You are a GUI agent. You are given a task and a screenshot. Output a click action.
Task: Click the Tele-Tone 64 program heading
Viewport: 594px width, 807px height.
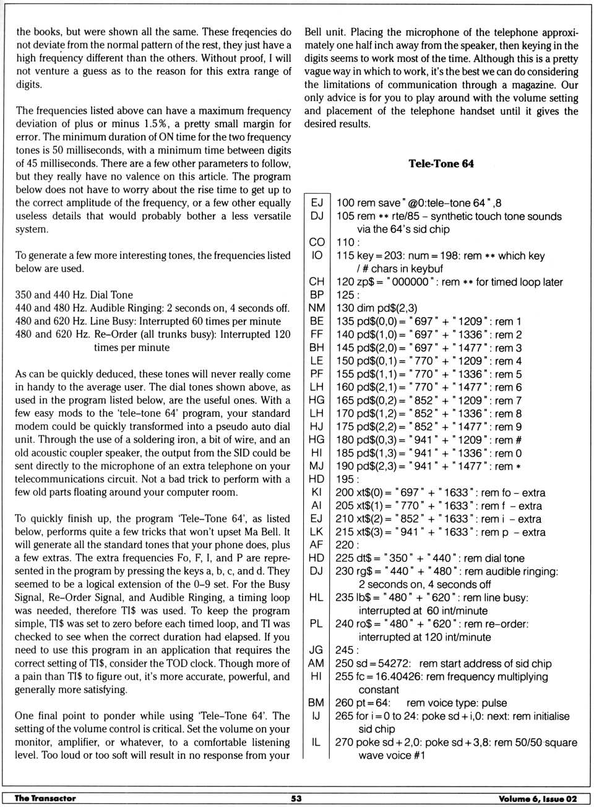pos(441,164)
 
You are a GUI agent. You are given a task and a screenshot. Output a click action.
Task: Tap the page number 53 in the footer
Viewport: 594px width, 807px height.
pos(296,798)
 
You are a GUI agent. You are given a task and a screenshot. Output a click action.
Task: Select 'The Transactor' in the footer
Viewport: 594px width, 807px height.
pos(45,798)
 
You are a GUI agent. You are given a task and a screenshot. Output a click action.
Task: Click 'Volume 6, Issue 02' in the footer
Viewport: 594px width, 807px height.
pos(537,799)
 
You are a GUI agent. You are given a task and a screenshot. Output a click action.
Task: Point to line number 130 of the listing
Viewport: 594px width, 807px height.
pos(345,308)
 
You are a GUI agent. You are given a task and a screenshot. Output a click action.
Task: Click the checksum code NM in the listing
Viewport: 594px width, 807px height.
pos(316,308)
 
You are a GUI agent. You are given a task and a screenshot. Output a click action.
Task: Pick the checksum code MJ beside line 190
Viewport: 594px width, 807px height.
pos(316,466)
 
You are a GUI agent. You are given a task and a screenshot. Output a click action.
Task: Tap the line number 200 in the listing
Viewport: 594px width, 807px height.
pos(345,492)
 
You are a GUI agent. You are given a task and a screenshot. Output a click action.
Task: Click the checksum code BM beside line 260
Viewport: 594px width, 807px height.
pos(316,702)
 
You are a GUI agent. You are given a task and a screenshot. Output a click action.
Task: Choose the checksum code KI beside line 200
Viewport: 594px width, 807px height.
pos(316,492)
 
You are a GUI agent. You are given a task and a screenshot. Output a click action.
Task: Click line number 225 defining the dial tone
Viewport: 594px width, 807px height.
pos(345,558)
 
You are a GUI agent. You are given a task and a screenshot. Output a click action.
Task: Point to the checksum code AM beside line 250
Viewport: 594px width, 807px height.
pos(316,663)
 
